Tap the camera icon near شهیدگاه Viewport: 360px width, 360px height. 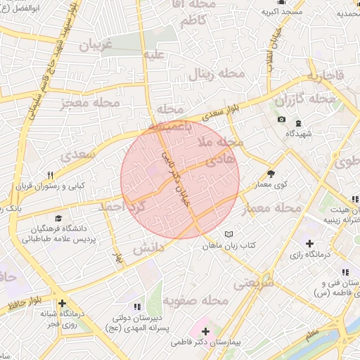pyautogui.click(x=281, y=120)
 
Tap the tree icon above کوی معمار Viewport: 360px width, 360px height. pyautogui.click(x=271, y=174)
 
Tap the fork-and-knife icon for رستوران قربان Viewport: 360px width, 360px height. pyautogui.click(x=49, y=175)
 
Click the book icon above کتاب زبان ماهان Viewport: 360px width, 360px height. pyautogui.click(x=228, y=234)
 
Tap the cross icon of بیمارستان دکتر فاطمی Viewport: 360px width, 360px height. pyautogui.click(x=205, y=331)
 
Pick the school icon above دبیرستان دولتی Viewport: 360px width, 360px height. pyautogui.click(x=136, y=307)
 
